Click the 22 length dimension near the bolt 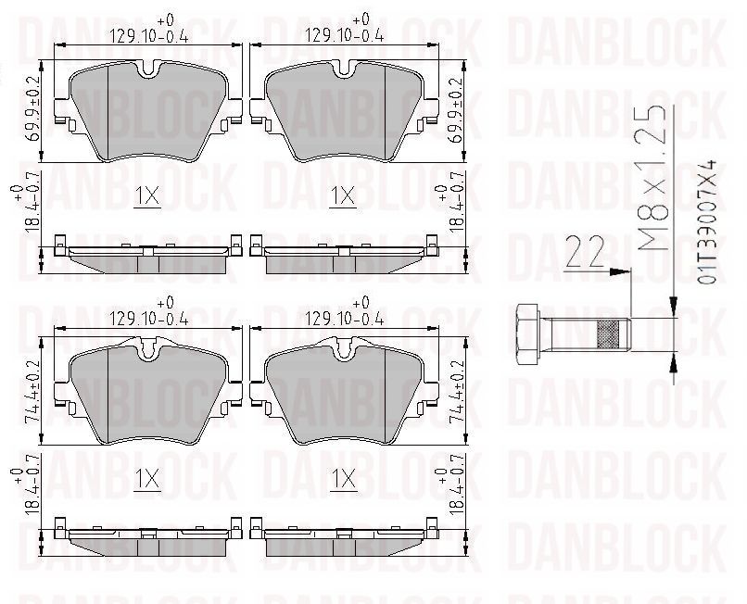click(x=584, y=252)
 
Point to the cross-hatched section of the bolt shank click(x=613, y=331)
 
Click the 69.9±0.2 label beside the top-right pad click(x=456, y=109)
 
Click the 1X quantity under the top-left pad click(x=146, y=196)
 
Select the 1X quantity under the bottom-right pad click(x=343, y=479)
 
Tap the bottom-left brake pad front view click(x=148, y=394)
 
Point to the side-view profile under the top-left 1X click(x=148, y=258)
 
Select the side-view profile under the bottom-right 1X click(x=345, y=542)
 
